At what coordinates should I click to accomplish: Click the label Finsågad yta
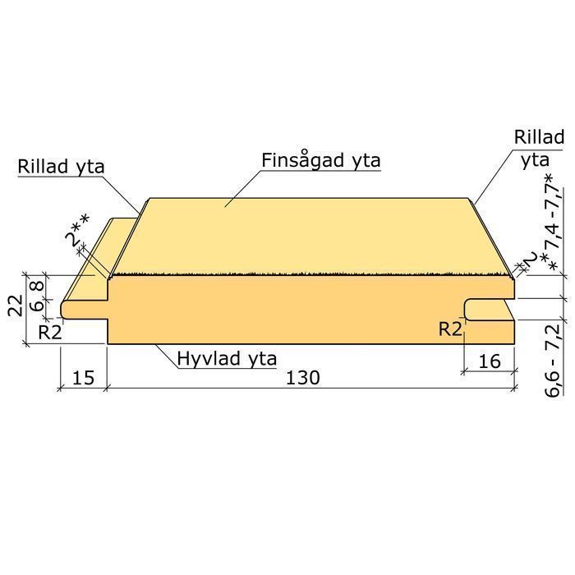tap(321, 161)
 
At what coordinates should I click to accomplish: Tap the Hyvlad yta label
tap(227, 358)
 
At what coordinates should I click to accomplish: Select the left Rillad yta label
tap(62, 167)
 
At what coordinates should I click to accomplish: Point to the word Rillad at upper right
tap(539, 137)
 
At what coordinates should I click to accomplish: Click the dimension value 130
tap(303, 377)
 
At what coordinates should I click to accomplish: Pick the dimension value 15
tap(83, 377)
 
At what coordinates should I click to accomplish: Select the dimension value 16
tap(490, 361)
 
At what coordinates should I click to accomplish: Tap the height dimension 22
tap(16, 305)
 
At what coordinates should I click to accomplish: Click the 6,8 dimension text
tap(37, 297)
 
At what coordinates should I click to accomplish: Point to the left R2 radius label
tap(50, 333)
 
